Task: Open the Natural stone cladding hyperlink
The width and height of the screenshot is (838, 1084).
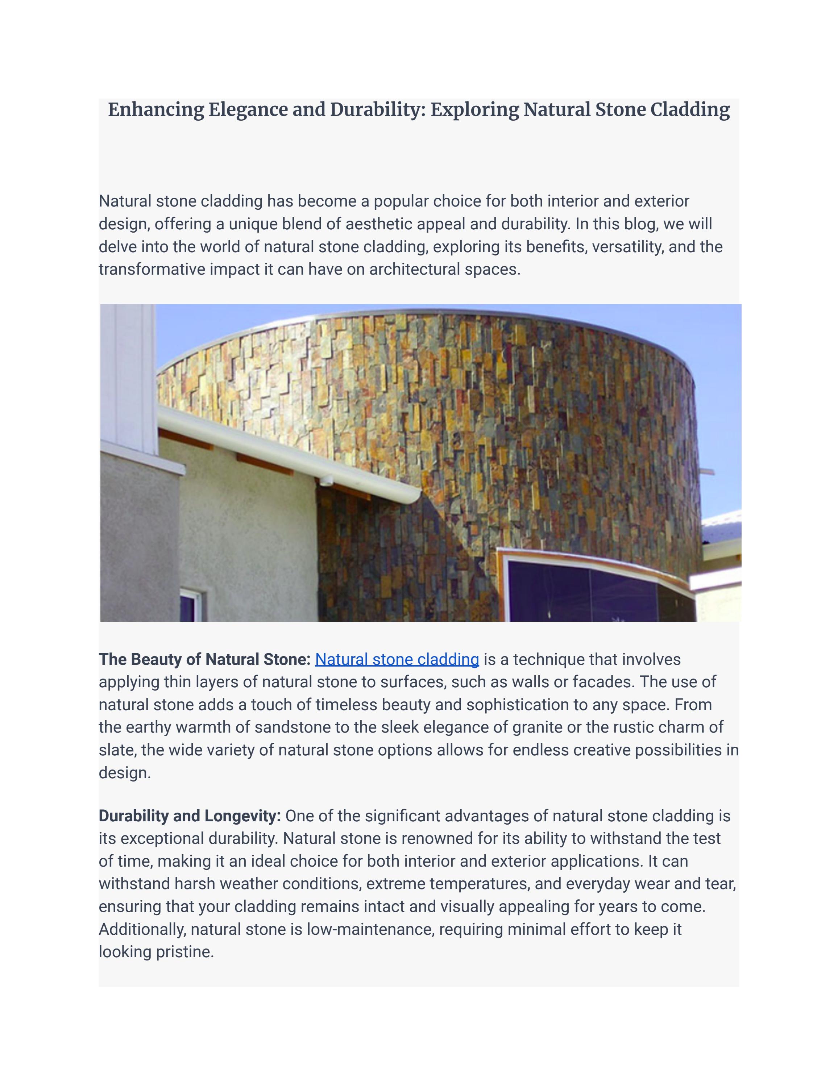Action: (x=397, y=659)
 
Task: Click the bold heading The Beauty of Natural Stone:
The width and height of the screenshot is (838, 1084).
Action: (x=204, y=659)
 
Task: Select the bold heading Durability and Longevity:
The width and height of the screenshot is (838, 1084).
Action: (x=190, y=816)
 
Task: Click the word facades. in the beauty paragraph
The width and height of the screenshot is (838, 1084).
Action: (x=603, y=682)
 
